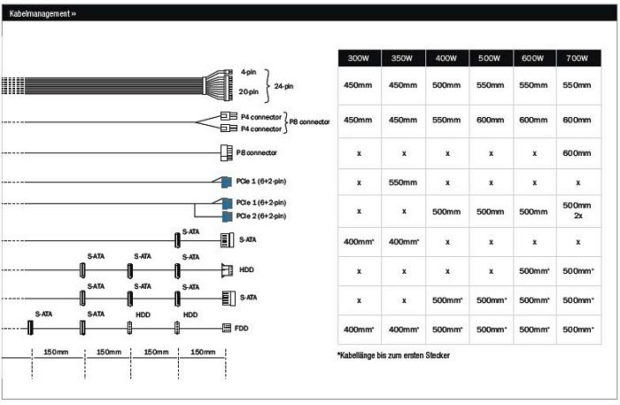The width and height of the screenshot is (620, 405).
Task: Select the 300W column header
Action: (x=360, y=58)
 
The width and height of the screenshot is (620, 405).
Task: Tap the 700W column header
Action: (x=577, y=58)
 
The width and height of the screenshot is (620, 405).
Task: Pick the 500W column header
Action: (x=490, y=58)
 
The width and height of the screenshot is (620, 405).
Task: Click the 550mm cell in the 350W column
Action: (x=403, y=182)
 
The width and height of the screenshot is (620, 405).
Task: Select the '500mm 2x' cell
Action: (x=577, y=211)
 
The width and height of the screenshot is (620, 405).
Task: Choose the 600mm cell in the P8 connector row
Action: (x=577, y=152)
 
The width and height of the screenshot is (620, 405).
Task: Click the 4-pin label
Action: (x=248, y=72)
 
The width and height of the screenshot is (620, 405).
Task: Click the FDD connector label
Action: (x=241, y=328)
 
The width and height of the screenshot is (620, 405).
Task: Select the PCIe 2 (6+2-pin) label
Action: (x=260, y=215)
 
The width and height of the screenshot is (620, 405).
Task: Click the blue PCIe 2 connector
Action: (x=226, y=215)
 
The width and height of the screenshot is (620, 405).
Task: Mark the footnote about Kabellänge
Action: (x=394, y=355)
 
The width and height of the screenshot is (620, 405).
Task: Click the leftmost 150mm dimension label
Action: (x=58, y=352)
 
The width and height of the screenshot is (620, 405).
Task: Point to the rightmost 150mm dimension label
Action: (x=203, y=352)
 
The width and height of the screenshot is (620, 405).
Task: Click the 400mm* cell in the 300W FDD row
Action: (x=360, y=329)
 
